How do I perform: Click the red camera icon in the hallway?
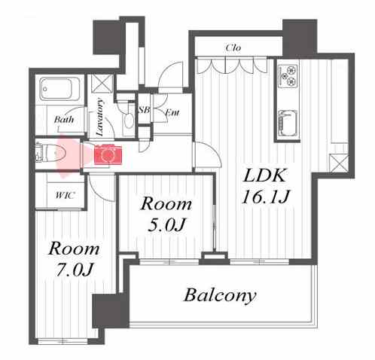tap(108, 154)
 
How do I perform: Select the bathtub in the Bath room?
tap(59, 89)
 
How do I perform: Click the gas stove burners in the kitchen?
tap(288, 75)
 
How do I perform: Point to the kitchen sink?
tap(288, 124)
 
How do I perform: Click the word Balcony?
tap(220, 296)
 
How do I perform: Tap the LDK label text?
tap(264, 175)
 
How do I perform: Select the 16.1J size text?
tap(266, 197)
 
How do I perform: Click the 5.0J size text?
tap(166, 224)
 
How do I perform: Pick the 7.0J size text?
tap(75, 270)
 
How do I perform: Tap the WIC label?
tap(66, 195)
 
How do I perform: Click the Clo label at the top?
tap(233, 47)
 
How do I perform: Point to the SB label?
tap(144, 110)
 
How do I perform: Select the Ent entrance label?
tap(172, 112)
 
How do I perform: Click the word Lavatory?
tap(100, 117)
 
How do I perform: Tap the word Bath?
tap(64, 119)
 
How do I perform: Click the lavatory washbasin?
tap(129, 120)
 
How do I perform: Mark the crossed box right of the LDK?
tap(339, 163)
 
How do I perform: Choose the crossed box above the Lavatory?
tap(102, 84)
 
